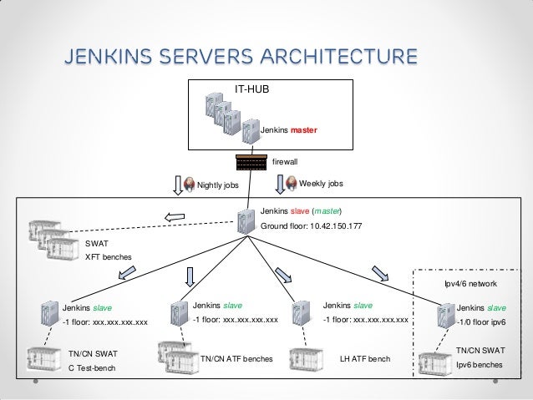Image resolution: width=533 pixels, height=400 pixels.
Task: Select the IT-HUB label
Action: tap(251, 87)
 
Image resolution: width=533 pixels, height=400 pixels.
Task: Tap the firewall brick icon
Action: tap(251, 160)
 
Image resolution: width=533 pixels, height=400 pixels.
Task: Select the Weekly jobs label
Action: tap(321, 183)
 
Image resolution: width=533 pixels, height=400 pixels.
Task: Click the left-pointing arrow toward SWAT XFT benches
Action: tap(175, 219)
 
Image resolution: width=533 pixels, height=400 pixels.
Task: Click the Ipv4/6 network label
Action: tap(471, 283)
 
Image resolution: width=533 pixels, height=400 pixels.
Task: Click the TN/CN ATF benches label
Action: tap(236, 358)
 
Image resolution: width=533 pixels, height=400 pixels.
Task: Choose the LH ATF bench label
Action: tap(366, 358)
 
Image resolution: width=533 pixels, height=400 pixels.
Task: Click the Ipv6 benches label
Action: tap(480, 365)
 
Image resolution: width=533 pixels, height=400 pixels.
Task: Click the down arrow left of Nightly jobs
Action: tap(175, 184)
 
